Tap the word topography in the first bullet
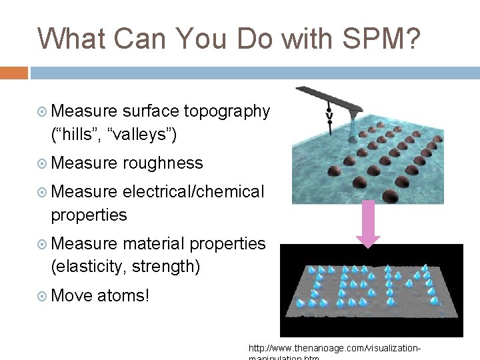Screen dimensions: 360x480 pyautogui.click(x=227, y=111)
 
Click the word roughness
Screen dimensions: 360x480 pyautogui.click(x=163, y=163)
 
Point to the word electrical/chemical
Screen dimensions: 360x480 pyautogui.click(x=193, y=191)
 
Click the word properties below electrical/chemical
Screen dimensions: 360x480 pyautogui.click(x=89, y=215)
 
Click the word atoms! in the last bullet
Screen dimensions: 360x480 pyautogui.click(x=123, y=295)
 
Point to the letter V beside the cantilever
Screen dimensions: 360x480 pyautogui.click(x=329, y=117)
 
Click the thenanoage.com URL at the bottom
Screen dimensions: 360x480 pyautogui.click(x=333, y=349)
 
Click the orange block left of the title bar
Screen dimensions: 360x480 pyautogui.click(x=14, y=73)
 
